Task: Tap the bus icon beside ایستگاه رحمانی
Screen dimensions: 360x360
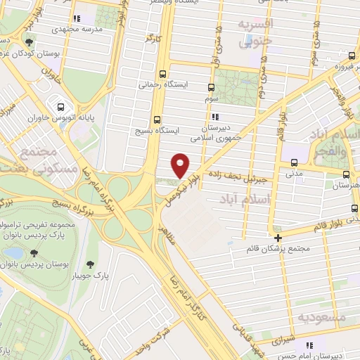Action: [x=163, y=73]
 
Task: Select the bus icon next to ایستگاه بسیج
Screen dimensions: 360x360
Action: [x=156, y=119]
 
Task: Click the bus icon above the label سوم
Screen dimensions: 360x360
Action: [x=212, y=89]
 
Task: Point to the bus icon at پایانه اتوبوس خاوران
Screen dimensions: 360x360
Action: [x=61, y=108]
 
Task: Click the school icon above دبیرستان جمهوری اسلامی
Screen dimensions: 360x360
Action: [x=215, y=117]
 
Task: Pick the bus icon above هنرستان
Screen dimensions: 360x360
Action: [x=346, y=174]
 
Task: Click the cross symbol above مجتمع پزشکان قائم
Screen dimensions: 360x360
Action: [x=278, y=238]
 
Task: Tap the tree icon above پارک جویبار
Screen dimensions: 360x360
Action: [x=91, y=264]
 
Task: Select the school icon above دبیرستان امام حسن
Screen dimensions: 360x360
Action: [x=309, y=345]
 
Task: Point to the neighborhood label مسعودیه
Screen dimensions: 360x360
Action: [x=322, y=318]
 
